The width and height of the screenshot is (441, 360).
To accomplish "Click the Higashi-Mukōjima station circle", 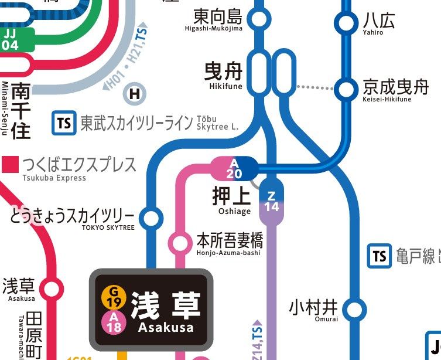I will [259, 19].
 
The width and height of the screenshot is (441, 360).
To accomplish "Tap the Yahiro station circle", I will [347, 23].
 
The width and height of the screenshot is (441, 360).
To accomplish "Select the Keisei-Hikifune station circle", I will [347, 89].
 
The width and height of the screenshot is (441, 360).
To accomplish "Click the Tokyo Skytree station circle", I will [151, 219].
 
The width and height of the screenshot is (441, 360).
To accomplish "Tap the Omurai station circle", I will [354, 309].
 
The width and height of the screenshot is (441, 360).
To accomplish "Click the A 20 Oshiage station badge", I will [234, 168].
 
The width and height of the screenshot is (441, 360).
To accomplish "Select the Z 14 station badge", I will [272, 201].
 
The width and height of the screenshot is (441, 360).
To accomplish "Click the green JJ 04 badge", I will [10, 39].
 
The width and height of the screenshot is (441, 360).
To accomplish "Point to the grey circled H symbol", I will [135, 93].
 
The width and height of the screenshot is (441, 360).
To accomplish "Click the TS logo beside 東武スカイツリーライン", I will [64, 123].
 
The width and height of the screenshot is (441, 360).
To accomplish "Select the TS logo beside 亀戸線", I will [380, 256].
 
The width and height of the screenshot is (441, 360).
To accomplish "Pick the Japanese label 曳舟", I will [223, 72].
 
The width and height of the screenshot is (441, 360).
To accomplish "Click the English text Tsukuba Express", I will [54, 178].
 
